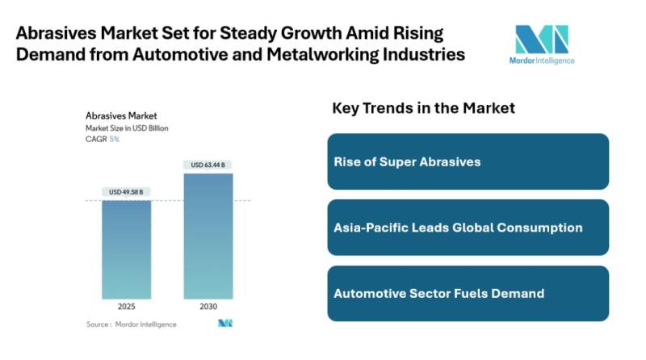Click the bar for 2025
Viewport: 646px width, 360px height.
(x=126, y=249)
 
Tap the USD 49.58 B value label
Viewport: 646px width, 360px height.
(x=126, y=192)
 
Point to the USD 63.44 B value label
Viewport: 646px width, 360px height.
(x=208, y=165)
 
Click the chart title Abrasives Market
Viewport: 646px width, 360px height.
(x=121, y=116)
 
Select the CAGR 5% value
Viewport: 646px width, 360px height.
(x=114, y=139)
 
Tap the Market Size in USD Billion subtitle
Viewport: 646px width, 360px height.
(x=127, y=128)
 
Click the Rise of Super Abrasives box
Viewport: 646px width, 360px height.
(x=468, y=161)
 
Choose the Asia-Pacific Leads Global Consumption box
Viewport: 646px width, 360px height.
(x=468, y=228)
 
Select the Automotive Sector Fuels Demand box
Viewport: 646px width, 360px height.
(x=468, y=293)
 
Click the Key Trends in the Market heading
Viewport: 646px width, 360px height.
(x=423, y=108)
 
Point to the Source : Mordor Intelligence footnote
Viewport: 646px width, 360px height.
(x=131, y=324)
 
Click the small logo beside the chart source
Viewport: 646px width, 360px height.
(x=224, y=324)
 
